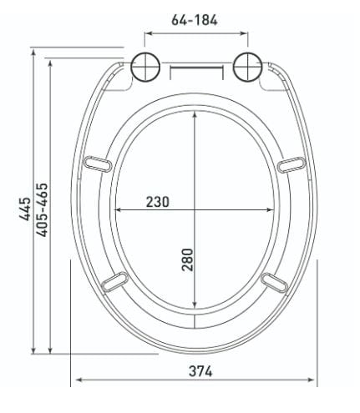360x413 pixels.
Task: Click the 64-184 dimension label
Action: coord(195,20)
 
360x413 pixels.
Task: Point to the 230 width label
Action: coord(158,202)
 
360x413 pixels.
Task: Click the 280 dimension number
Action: coord(187,259)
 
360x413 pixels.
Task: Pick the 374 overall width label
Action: coord(200,371)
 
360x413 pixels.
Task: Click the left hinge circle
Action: coord(145,67)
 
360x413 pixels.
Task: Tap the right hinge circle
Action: coord(247,67)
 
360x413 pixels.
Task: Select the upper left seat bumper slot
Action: coord(98,164)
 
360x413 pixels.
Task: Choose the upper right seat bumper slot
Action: coord(292,164)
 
